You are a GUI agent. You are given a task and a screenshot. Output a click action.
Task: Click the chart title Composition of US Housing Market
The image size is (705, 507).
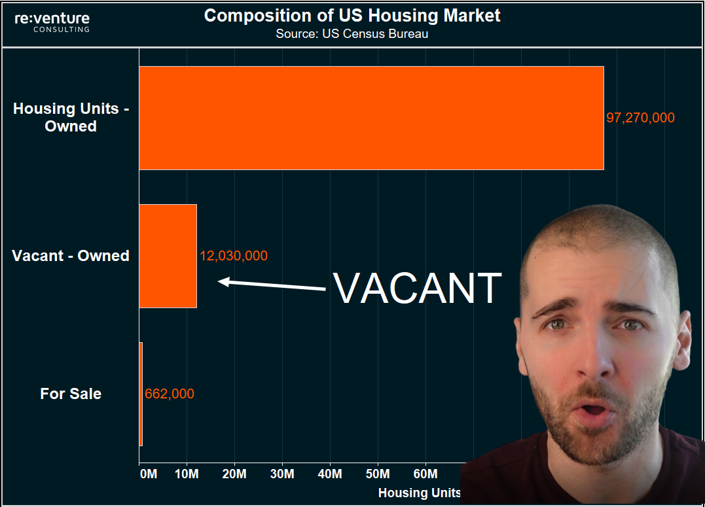point(352,16)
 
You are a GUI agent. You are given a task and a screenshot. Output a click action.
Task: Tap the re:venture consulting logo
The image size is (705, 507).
point(52,22)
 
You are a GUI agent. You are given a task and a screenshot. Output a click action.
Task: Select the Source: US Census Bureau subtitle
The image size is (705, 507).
point(352,34)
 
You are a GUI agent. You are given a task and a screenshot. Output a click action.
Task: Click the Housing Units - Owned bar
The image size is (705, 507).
point(371,118)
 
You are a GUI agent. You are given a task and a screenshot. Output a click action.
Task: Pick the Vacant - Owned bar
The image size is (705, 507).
point(168,256)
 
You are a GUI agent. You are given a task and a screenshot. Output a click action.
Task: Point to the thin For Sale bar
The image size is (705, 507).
point(141,394)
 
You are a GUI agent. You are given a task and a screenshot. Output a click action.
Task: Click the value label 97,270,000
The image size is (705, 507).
point(640,118)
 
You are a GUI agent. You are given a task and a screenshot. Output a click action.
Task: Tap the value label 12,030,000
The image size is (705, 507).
point(234,256)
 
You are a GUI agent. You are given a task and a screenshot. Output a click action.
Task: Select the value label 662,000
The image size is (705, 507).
point(170,394)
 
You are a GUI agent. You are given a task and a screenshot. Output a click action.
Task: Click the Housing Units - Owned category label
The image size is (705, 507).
point(71,118)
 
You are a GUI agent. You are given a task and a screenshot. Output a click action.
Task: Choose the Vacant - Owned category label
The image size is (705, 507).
point(71,256)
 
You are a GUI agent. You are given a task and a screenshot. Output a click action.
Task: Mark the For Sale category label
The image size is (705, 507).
point(71,394)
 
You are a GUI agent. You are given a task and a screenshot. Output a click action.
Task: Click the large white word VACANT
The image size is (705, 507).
point(417,288)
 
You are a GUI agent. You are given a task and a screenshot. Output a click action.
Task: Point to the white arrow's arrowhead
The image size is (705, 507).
point(223,282)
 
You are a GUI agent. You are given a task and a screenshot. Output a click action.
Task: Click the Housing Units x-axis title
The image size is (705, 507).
point(420,493)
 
